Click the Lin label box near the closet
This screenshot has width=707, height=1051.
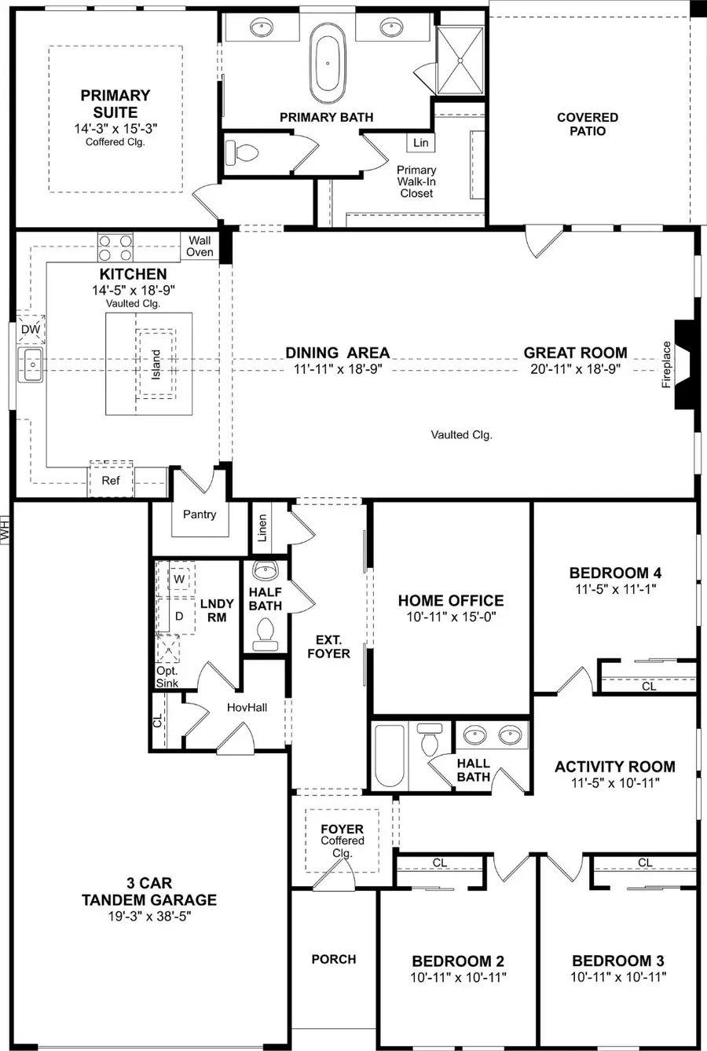click(x=421, y=142)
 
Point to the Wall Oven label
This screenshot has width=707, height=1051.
click(x=200, y=247)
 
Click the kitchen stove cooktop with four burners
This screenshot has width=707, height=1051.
click(x=115, y=248)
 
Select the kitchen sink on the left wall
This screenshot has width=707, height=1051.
click(x=31, y=364)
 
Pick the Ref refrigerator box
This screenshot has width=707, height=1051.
click(x=111, y=480)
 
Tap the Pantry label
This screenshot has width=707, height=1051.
click(x=199, y=515)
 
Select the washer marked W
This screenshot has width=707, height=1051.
click(x=179, y=579)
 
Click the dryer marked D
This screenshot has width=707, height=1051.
click(x=179, y=616)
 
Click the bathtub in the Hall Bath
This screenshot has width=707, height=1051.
click(x=390, y=756)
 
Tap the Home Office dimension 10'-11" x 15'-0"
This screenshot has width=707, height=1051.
click(x=451, y=617)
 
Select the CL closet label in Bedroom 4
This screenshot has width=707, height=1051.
click(x=649, y=686)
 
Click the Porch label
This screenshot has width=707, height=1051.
click(x=334, y=959)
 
